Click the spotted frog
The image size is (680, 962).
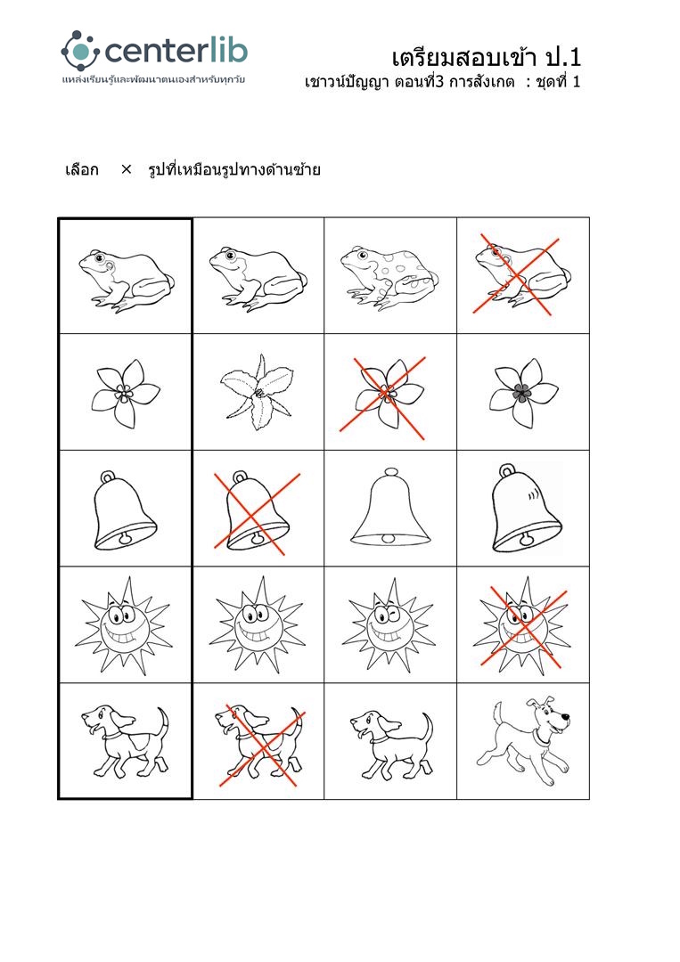[x=389, y=277]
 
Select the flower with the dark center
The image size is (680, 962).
[x=523, y=393]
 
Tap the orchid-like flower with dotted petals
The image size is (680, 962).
[x=257, y=394]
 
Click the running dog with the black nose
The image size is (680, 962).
[x=523, y=740]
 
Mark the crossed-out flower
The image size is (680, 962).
[x=385, y=394]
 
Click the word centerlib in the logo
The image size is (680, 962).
[x=176, y=50]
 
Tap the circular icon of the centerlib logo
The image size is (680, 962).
[x=79, y=50]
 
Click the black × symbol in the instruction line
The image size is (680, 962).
[x=126, y=169]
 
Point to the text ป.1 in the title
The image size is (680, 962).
[x=562, y=58]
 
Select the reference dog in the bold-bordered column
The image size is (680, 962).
[x=125, y=741]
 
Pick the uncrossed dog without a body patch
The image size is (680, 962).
[x=391, y=744]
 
